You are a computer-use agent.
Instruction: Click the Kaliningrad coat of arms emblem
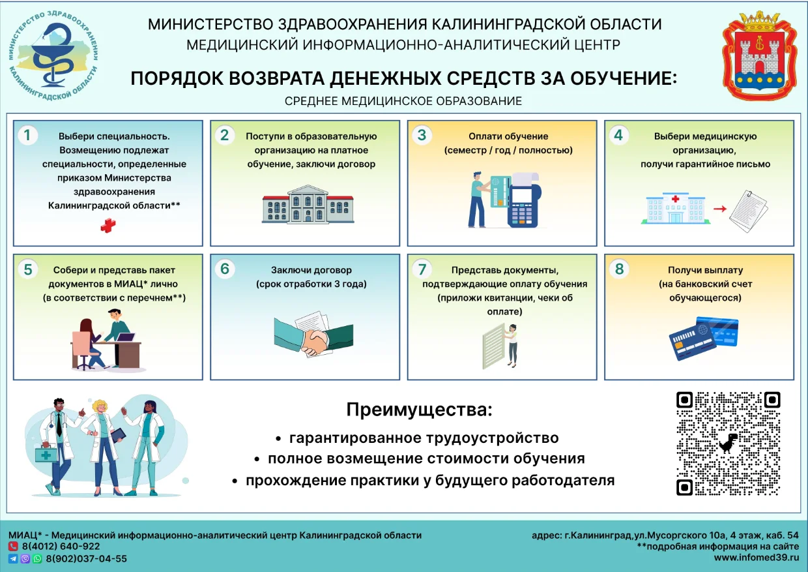pyautogui.click(x=759, y=55)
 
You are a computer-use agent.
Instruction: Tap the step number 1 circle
pyautogui.click(x=27, y=135)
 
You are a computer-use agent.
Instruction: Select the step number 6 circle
pyautogui.click(x=225, y=269)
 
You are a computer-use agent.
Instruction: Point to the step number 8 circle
pyautogui.click(x=619, y=269)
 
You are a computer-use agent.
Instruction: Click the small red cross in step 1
pyautogui.click(x=108, y=226)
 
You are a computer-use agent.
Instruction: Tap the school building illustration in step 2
pyautogui.click(x=308, y=203)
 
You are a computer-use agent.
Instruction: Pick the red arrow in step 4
pyautogui.click(x=719, y=209)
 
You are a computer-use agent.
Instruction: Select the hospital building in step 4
pyautogui.click(x=675, y=208)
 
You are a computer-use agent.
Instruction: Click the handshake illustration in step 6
pyautogui.click(x=313, y=335)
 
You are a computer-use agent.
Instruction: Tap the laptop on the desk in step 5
pyautogui.click(x=125, y=337)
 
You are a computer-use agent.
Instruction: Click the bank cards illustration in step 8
pyautogui.click(x=704, y=339)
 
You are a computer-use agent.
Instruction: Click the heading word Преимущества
pyautogui.click(x=419, y=410)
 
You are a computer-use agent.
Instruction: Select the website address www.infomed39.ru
pyautogui.click(x=757, y=558)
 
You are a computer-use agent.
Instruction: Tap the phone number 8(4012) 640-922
pyautogui.click(x=61, y=547)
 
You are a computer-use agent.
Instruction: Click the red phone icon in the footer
pyautogui.click(x=13, y=547)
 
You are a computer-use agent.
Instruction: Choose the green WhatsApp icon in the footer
pyautogui.click(x=37, y=559)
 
